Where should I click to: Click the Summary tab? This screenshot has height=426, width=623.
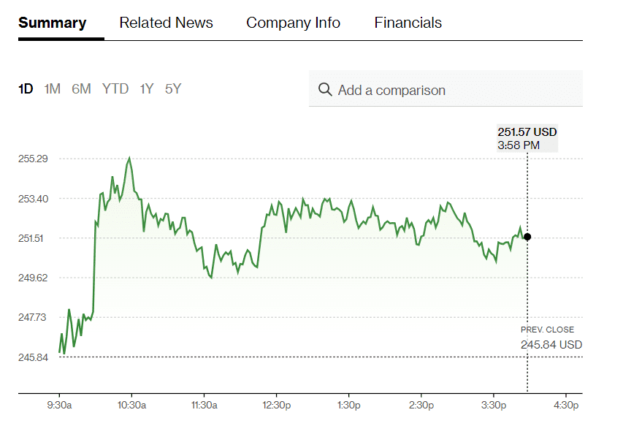[x=52, y=23]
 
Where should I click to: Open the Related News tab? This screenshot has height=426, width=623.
[x=166, y=23]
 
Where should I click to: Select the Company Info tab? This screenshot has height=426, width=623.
[x=293, y=23]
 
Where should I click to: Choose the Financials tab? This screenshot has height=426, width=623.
[x=408, y=23]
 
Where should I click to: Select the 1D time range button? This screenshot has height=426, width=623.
[x=26, y=89]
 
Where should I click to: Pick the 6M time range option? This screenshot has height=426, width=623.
[x=81, y=89]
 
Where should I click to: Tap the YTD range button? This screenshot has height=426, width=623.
[x=115, y=89]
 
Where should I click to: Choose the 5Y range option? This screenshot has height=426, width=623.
[x=172, y=89]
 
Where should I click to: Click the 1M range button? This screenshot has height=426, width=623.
[x=52, y=89]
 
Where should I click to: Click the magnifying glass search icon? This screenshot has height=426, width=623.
[x=325, y=90]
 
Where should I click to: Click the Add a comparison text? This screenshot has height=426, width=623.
[x=391, y=91]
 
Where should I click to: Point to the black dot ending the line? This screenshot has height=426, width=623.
[x=527, y=237]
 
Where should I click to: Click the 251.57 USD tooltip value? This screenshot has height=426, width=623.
[x=527, y=132]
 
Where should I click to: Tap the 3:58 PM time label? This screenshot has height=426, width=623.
[x=519, y=145]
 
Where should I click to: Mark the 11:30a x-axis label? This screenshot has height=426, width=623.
[x=204, y=404]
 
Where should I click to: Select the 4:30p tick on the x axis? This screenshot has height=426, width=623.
[x=566, y=404]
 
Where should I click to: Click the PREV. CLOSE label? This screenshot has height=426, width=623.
[x=547, y=330]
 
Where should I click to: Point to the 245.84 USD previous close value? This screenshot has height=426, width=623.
[x=551, y=345]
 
